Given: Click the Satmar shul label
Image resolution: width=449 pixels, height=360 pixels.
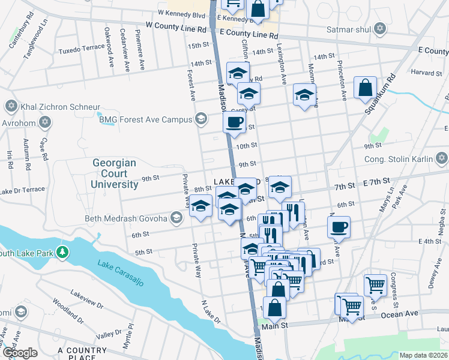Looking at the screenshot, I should point(348,28).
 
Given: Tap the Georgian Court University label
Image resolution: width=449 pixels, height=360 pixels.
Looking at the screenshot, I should point(115,173).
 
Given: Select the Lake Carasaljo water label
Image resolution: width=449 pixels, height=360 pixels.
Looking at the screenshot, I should point(121,274).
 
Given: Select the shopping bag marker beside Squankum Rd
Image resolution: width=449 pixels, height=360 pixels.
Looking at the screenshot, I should point(365,88).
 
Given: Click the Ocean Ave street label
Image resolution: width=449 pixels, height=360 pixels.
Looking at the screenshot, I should point(399,314).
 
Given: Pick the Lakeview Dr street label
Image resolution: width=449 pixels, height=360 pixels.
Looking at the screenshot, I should point(86,298).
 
